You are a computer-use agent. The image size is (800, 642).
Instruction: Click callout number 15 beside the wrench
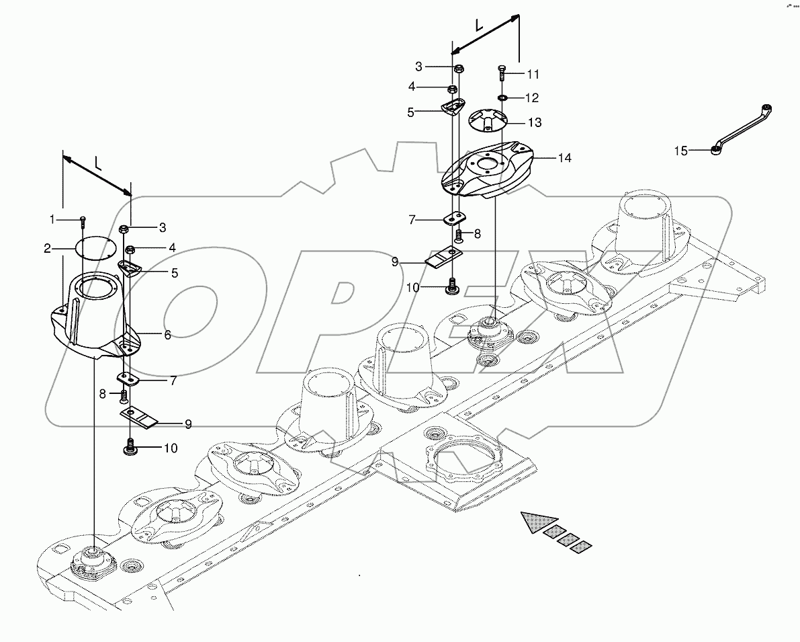(681, 151)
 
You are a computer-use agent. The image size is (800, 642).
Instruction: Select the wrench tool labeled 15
(740, 128)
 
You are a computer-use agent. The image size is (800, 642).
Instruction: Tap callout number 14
(564, 158)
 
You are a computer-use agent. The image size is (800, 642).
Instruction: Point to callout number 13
(535, 124)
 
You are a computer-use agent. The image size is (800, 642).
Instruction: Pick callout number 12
(532, 98)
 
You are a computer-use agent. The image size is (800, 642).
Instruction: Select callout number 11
(532, 73)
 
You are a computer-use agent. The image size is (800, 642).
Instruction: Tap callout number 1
(52, 220)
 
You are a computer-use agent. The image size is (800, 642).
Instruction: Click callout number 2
(48, 249)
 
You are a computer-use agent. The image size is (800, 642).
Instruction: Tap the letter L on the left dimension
(98, 163)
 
